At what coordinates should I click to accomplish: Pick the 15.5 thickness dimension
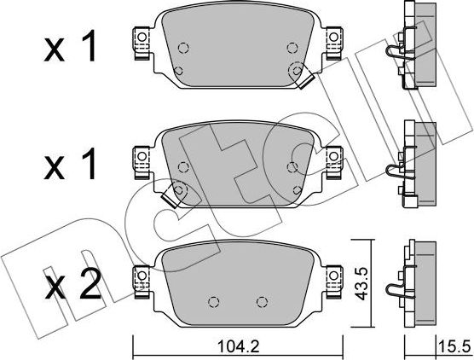[454, 347]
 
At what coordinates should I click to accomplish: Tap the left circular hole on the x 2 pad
[214, 300]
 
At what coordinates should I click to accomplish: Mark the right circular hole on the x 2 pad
[263, 300]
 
